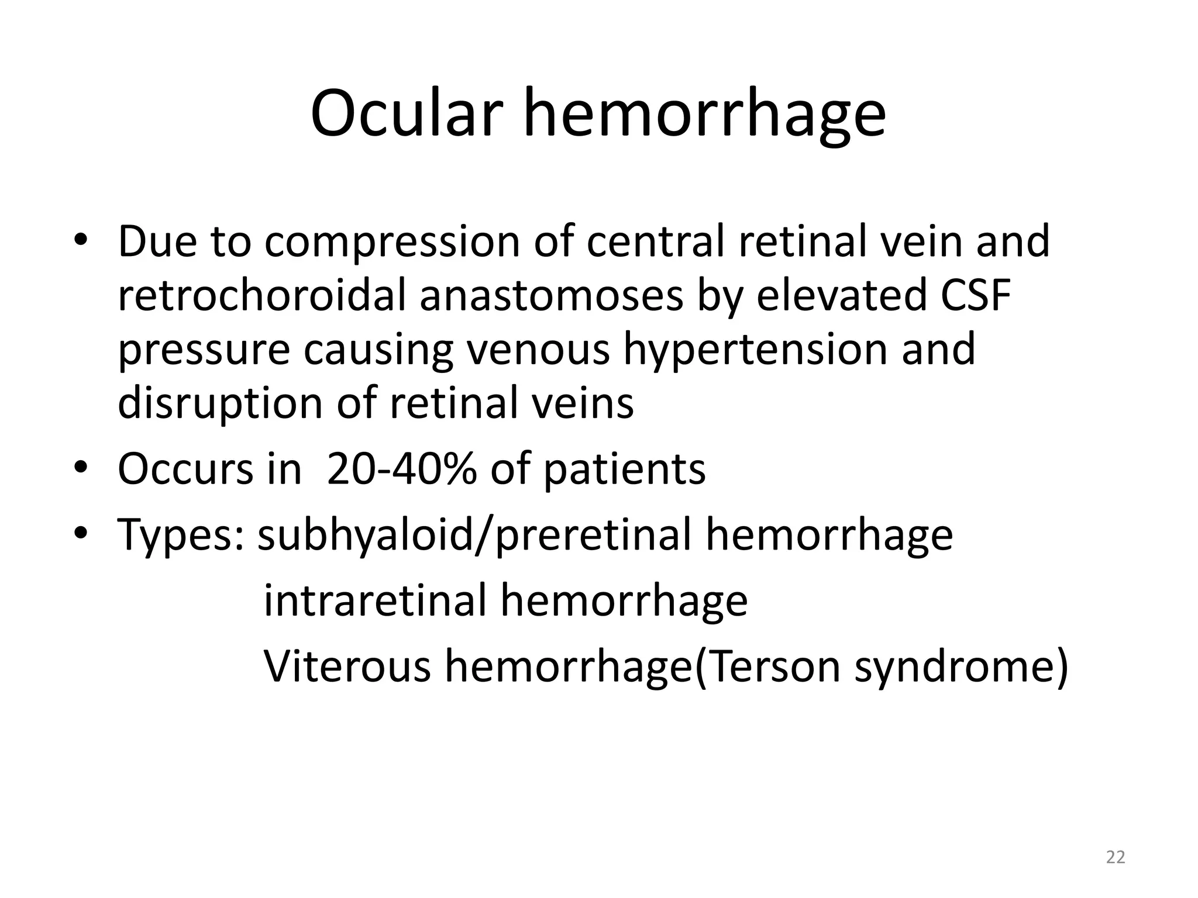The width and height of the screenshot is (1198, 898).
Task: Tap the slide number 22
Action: pos(1116,857)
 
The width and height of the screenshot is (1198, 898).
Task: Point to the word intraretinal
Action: pos(375,601)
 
